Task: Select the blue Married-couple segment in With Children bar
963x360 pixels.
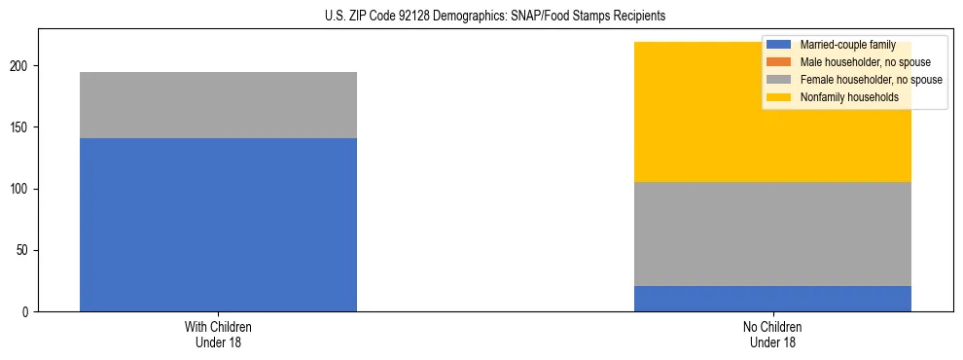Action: click(x=218, y=225)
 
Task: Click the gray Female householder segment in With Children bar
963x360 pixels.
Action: click(x=218, y=105)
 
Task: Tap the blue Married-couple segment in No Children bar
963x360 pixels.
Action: click(x=772, y=299)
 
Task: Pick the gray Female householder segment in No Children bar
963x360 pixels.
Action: click(x=772, y=234)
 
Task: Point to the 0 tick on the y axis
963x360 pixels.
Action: click(x=28, y=312)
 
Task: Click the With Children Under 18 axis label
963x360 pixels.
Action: click(x=218, y=334)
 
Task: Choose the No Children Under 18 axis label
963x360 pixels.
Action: click(x=772, y=334)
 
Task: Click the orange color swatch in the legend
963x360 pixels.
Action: click(x=779, y=62)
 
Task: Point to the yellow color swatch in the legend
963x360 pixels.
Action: click(x=779, y=97)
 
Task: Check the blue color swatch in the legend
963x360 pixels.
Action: click(x=779, y=45)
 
